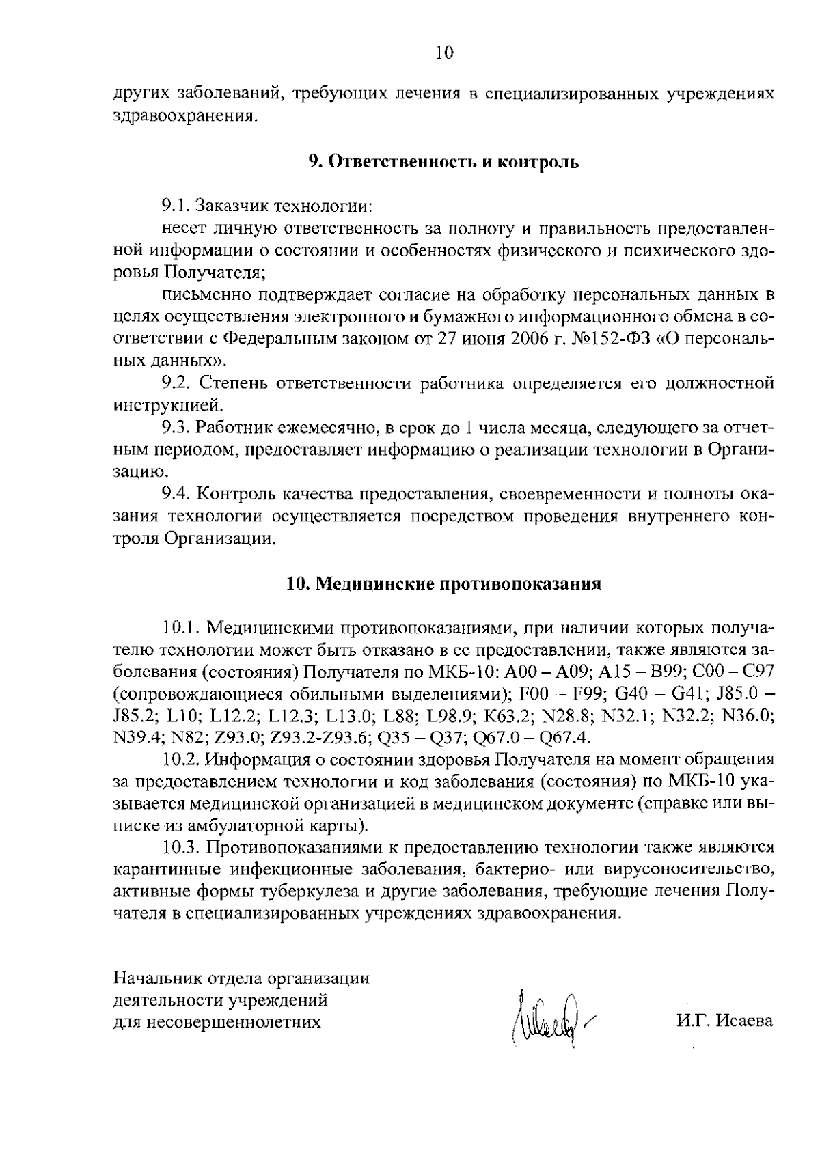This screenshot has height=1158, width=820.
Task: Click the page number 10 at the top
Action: pos(443,53)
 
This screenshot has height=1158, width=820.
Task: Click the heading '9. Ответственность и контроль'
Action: pos(443,162)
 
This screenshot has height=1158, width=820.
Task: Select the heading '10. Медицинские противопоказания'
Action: pos(443,584)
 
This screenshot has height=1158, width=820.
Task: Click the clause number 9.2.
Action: pos(176,383)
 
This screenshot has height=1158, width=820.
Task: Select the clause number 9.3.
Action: pos(176,428)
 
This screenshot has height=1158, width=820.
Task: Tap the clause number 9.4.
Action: pos(176,494)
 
